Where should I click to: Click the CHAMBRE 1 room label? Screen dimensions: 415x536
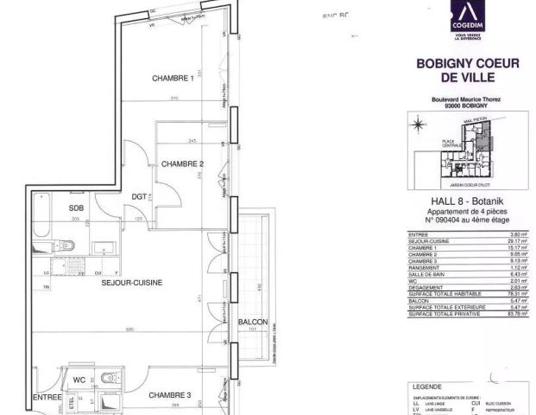pyautogui.click(x=173, y=80)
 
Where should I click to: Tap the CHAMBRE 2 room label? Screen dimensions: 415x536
pyautogui.click(x=182, y=164)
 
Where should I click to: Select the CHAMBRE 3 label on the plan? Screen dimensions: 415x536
pyautogui.click(x=170, y=395)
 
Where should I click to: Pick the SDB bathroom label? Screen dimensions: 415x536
pyautogui.click(x=77, y=208)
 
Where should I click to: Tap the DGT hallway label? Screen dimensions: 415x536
pyautogui.click(x=141, y=197)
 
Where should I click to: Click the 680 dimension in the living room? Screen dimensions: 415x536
pyautogui.click(x=129, y=329)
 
